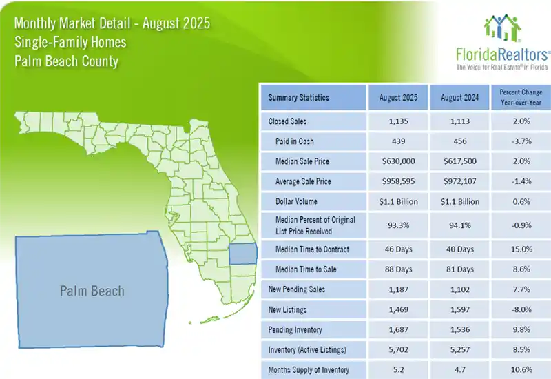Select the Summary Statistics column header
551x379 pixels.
point(298,98)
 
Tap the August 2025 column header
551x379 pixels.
point(397,98)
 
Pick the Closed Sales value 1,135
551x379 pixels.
point(397,121)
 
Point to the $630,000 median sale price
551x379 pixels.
point(397,161)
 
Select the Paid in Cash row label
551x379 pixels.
point(298,141)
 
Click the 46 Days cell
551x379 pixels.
point(397,249)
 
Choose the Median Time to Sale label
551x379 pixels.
point(305,269)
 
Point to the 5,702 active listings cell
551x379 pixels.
point(397,350)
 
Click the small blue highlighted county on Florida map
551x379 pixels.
point(241,254)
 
